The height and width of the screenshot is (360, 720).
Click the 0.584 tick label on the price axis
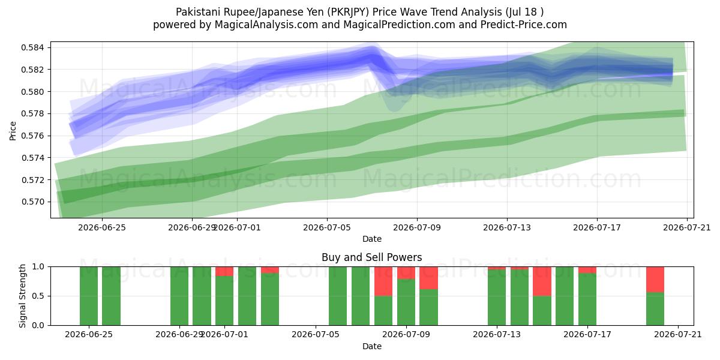pyautogui.click(x=32, y=47)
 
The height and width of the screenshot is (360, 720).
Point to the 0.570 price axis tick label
pyautogui.click(x=32, y=202)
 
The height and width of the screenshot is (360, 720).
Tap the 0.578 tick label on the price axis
pyautogui.click(x=32, y=114)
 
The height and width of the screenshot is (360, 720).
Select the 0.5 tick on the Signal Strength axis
pyautogui.click(x=38, y=296)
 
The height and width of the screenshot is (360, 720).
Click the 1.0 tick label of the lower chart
pyautogui.click(x=38, y=267)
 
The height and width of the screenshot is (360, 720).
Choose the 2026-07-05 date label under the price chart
pyautogui.click(x=327, y=227)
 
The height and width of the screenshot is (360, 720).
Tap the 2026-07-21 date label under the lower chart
pyautogui.click(x=678, y=335)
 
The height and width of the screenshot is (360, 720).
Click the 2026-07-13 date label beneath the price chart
pyautogui.click(x=507, y=227)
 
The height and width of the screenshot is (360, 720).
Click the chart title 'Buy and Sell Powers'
pyautogui.click(x=372, y=257)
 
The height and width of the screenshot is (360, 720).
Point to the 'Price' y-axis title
pyautogui.click(x=13, y=131)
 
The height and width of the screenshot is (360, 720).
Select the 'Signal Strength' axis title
pyautogui.click(x=22, y=296)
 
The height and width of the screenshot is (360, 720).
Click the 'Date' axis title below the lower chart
pyautogui.click(x=372, y=347)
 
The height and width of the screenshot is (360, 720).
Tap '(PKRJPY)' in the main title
pyautogui.click(x=348, y=12)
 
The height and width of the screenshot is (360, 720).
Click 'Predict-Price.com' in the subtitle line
pyautogui.click(x=524, y=25)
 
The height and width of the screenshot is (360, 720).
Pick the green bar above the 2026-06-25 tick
pyautogui.click(x=89, y=296)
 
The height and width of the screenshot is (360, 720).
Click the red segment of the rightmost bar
pyautogui.click(x=655, y=280)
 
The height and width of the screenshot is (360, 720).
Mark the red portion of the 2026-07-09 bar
pyautogui.click(x=406, y=273)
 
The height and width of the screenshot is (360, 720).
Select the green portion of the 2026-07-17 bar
pyautogui.click(x=587, y=299)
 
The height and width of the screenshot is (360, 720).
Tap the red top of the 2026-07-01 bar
pyautogui.click(x=224, y=271)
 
